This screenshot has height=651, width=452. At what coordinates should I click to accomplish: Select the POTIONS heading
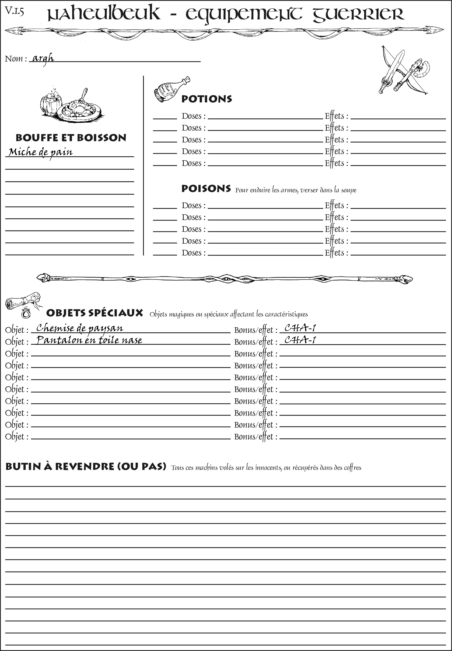(206, 99)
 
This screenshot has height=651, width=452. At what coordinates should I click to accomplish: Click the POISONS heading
(206, 189)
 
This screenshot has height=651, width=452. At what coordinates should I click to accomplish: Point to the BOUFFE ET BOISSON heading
(71, 138)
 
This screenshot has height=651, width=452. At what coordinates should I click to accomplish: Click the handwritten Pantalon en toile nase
(89, 340)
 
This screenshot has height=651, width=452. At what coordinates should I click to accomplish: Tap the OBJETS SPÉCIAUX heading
(95, 313)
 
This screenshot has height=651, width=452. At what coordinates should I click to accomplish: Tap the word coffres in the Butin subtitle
(353, 468)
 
